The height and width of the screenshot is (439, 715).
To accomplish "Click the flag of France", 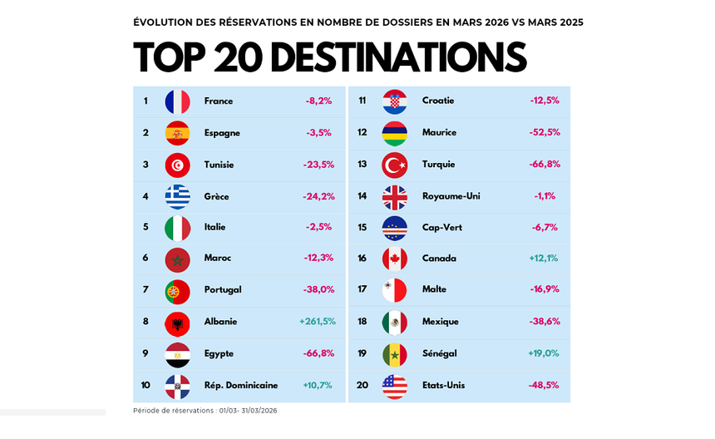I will point(178,101).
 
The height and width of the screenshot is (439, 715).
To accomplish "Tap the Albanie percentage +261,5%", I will point(318,322).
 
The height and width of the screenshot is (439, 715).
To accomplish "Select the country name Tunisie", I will point(219,165).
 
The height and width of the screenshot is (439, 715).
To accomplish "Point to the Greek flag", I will point(178,196).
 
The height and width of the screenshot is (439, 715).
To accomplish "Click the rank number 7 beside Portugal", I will point(145,290).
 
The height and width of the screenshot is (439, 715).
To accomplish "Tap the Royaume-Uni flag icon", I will point(394,196).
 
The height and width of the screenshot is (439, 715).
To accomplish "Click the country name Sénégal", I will point(439,353).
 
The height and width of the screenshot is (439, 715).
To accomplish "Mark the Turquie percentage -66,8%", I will point(544,165).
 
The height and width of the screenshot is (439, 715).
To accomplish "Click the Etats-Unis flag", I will point(394,386).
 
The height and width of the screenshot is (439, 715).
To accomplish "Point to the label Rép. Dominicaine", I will point(241,386).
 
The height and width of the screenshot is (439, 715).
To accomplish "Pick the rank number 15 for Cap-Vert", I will point(362,227).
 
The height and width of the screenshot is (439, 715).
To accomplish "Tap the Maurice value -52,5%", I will point(545,132).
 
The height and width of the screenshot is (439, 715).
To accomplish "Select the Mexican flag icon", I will point(394,322).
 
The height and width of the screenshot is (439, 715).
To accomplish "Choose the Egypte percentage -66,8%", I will point(318,353).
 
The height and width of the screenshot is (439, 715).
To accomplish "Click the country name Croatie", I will point(438,101).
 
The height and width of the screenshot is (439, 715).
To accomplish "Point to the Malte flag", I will point(394,290).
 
